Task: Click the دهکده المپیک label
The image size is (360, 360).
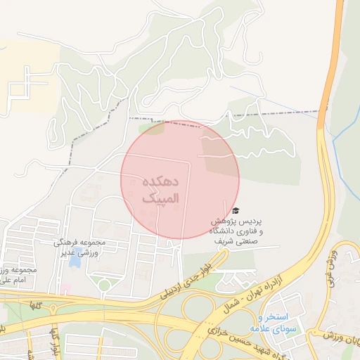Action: click(x=160, y=191)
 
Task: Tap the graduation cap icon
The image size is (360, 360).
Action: click(x=235, y=210)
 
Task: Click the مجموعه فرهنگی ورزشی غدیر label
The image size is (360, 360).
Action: click(x=79, y=247)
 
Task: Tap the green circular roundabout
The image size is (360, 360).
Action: click(x=104, y=285)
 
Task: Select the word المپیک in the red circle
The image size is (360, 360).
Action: click(x=160, y=200)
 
